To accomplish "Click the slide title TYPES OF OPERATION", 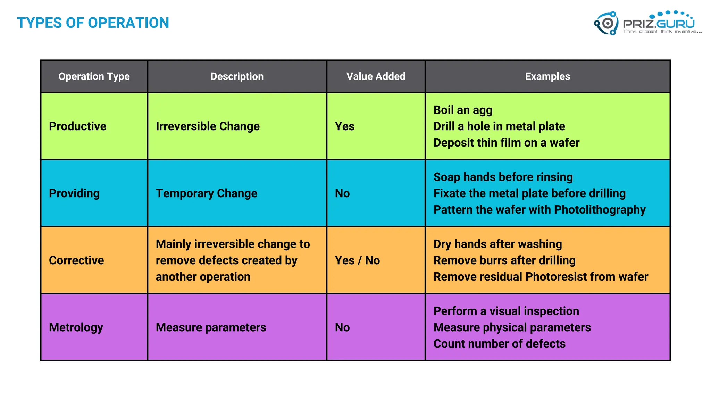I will click(93, 23).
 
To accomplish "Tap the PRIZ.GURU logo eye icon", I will click(607, 23).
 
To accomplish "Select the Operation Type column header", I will click(94, 76).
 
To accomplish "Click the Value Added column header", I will click(376, 76).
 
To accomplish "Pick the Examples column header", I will click(547, 76).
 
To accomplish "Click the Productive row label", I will click(77, 126).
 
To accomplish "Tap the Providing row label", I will click(74, 193).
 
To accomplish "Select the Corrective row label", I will click(76, 260).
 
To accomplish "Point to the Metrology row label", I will click(76, 327).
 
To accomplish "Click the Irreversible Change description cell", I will click(208, 126).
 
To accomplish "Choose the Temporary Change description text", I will click(207, 193).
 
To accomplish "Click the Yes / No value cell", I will click(357, 260).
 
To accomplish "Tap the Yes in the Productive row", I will click(344, 126).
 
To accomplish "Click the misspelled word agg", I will click(482, 110).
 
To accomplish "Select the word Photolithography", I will click(600, 210).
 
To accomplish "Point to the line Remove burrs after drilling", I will click(504, 260).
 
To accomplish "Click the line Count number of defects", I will click(499, 344).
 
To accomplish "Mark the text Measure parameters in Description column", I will click(211, 327).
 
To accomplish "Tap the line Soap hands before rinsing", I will click(503, 177).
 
